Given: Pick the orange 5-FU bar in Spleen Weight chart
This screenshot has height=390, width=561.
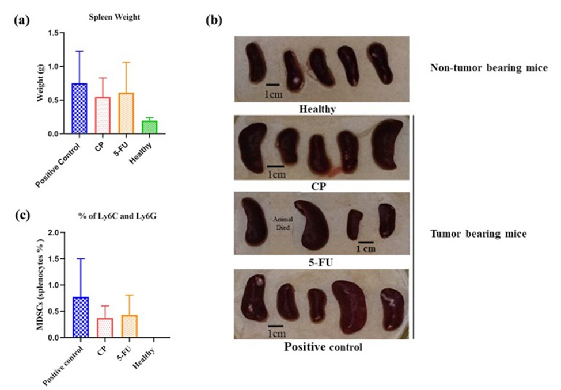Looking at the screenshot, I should (126, 113).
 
